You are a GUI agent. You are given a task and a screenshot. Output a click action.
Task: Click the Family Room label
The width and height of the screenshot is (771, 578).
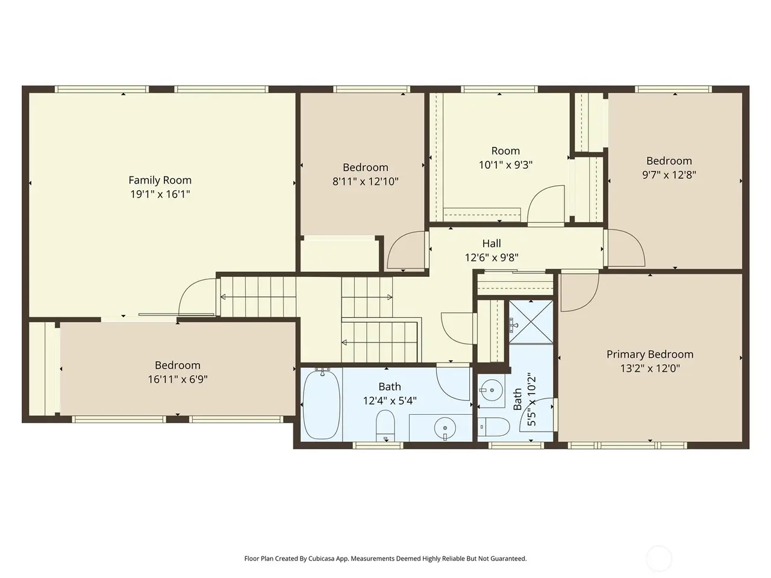pyautogui.click(x=160, y=180)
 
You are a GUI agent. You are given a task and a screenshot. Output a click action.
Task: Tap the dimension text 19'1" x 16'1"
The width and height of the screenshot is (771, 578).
pyautogui.click(x=160, y=194)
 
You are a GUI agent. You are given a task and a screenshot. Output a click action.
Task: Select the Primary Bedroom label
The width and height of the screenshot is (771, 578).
pyautogui.click(x=650, y=355)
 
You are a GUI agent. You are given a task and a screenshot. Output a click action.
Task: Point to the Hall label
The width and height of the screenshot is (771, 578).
pyautogui.click(x=492, y=243)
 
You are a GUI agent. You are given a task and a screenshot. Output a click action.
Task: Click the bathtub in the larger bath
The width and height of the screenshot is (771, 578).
pyautogui.click(x=322, y=403)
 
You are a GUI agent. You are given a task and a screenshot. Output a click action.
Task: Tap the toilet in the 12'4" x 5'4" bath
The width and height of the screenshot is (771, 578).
pyautogui.click(x=385, y=425)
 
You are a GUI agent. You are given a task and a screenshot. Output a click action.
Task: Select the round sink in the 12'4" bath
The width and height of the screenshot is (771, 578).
pyautogui.click(x=445, y=428)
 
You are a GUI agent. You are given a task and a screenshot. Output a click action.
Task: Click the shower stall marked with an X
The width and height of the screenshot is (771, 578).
pyautogui.click(x=531, y=322)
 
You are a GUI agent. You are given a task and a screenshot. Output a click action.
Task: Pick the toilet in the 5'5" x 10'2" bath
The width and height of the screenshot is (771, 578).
pyautogui.click(x=494, y=427)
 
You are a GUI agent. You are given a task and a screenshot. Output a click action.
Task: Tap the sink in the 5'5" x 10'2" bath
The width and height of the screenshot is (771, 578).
pyautogui.click(x=492, y=390)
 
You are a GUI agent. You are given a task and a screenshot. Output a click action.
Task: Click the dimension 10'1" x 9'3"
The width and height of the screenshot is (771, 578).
pyautogui.click(x=505, y=164)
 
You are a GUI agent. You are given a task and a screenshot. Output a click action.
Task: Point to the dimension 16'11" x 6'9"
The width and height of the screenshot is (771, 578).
pyautogui.click(x=177, y=379)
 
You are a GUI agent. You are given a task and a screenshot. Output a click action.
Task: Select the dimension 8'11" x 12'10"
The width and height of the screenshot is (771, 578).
pyautogui.click(x=365, y=181)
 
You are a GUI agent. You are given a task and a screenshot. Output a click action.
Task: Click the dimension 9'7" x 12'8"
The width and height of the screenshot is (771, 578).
pyautogui.click(x=669, y=175)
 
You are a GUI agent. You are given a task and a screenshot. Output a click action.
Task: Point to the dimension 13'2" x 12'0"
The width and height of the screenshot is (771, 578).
pyautogui.click(x=650, y=368)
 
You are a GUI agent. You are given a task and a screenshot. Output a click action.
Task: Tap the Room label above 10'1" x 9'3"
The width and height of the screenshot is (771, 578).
pyautogui.click(x=505, y=151)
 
